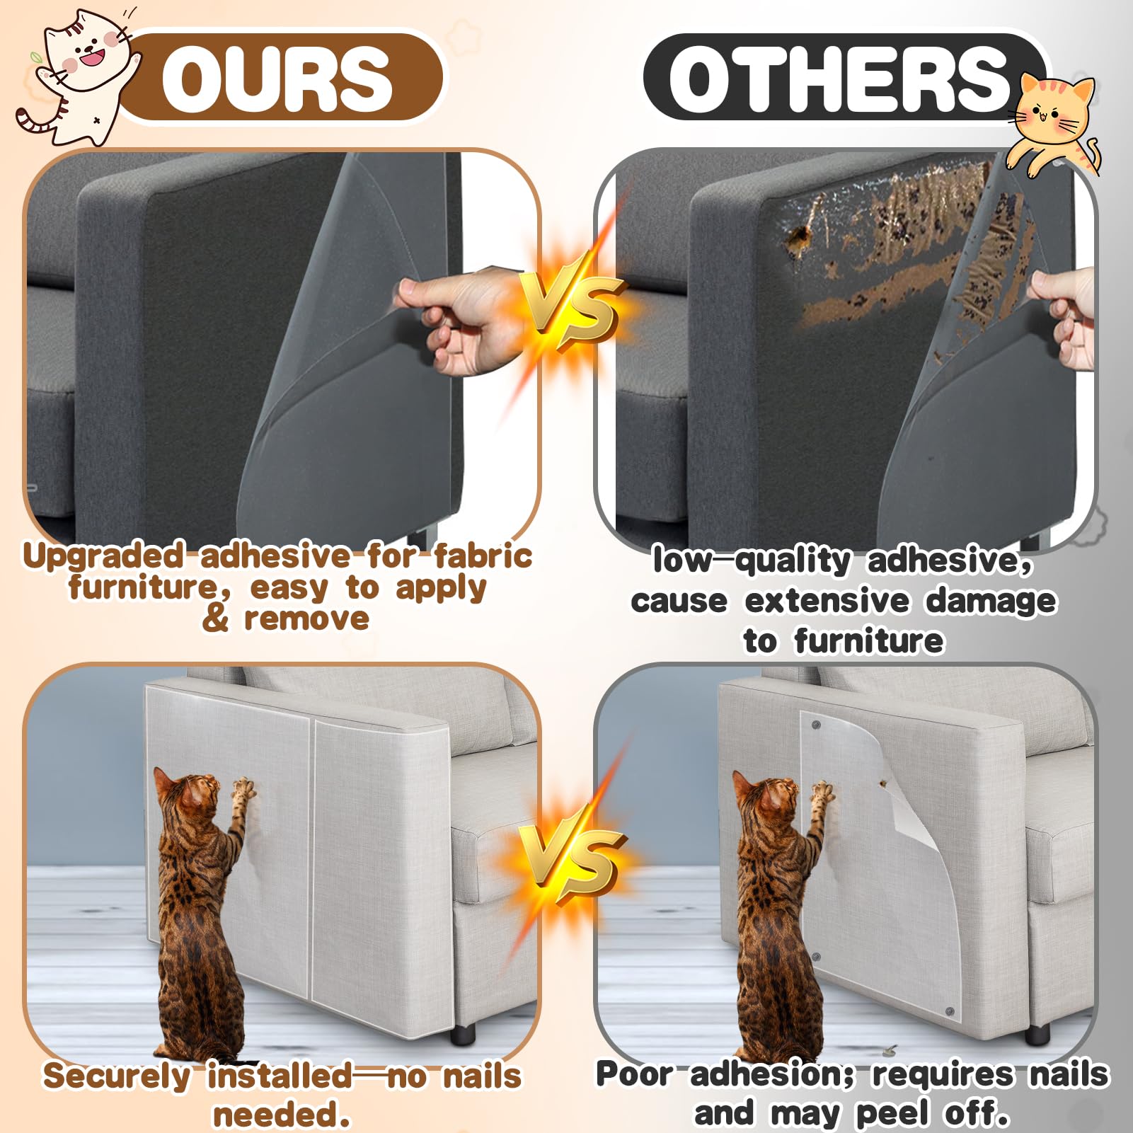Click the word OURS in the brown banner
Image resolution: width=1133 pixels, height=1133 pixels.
pyautogui.click(x=277, y=79)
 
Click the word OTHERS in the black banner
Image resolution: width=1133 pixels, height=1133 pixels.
pyautogui.click(x=839, y=79)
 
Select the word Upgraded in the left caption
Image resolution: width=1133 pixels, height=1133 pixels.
pyautogui.click(x=103, y=556)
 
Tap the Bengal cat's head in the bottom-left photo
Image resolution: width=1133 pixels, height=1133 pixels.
pyautogui.click(x=188, y=793)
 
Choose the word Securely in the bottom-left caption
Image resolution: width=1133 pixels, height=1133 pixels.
pyautogui.click(x=117, y=1076)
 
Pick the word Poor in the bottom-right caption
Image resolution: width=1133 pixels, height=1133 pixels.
pyautogui.click(x=634, y=1074)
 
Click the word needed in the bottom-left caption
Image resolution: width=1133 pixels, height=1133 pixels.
pyautogui.click(x=282, y=1115)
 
